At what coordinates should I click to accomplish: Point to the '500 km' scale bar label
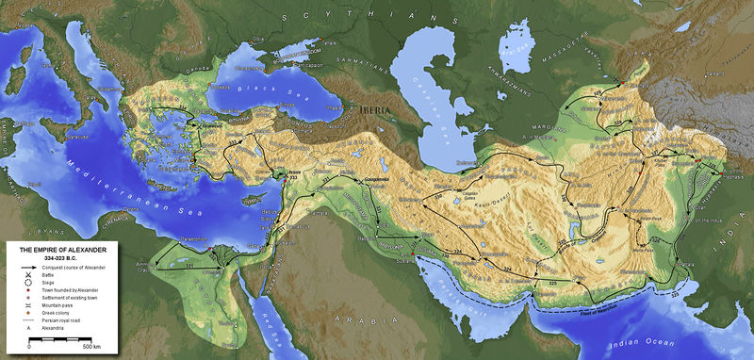(x=90, y=348)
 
